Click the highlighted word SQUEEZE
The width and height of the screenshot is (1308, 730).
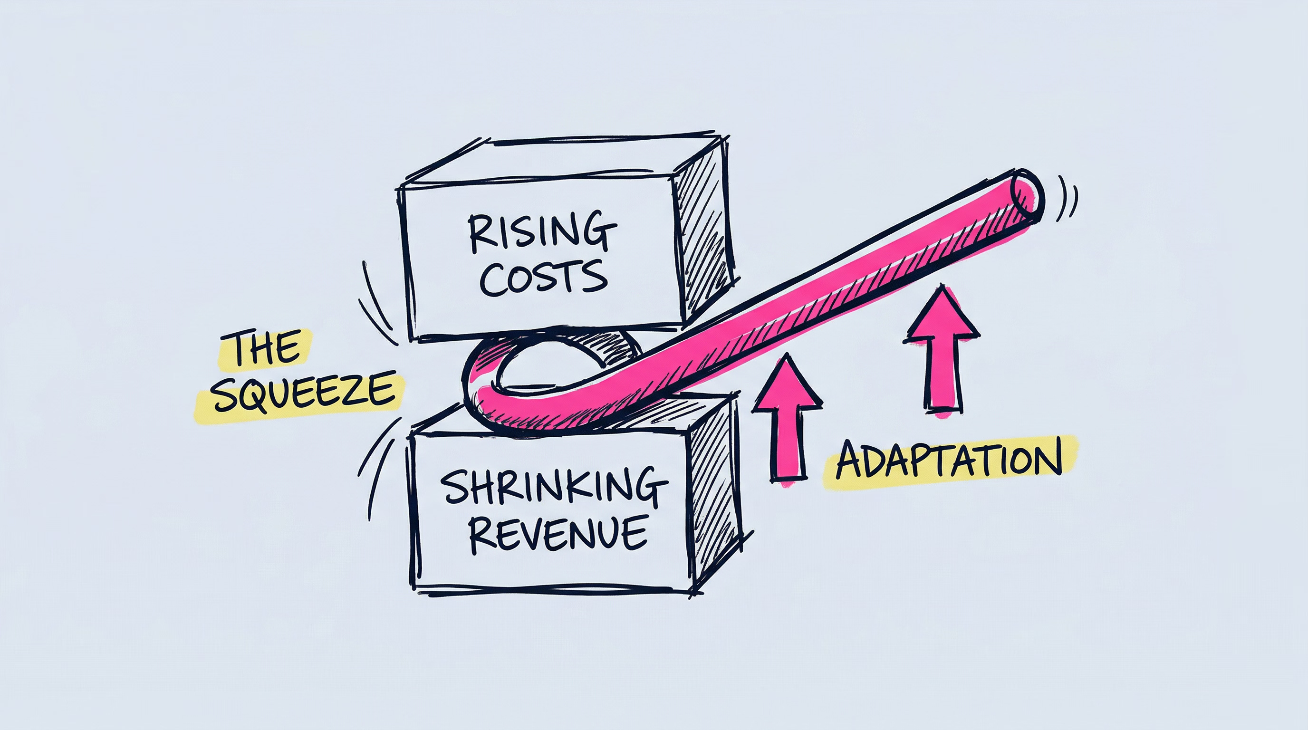(304, 394)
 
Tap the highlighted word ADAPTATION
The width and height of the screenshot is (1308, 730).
(949, 461)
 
